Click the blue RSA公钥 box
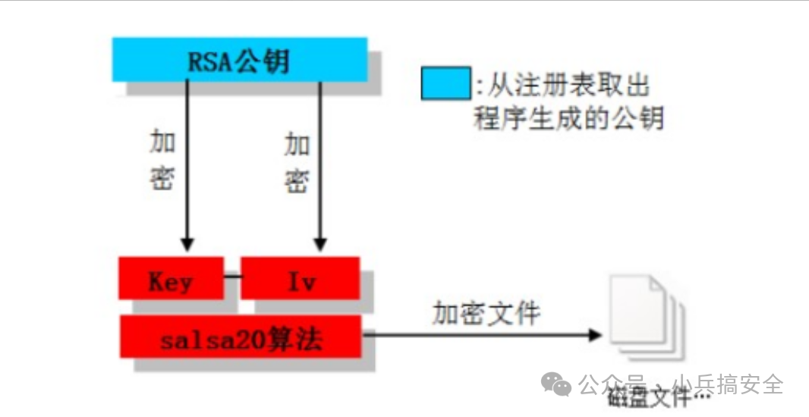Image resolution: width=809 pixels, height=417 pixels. coord(240,60)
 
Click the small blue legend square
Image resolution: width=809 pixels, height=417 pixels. coord(445,84)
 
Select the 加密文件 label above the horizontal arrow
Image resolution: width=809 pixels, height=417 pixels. coord(486,312)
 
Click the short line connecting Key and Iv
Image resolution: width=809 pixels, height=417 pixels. coord(232,277)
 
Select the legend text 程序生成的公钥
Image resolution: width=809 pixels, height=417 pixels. coord(568,118)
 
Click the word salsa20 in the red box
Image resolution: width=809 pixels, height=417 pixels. coord(209,337)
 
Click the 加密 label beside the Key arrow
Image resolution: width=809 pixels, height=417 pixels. coord(162,158)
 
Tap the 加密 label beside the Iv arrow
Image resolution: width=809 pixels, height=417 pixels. coord(297,160)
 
